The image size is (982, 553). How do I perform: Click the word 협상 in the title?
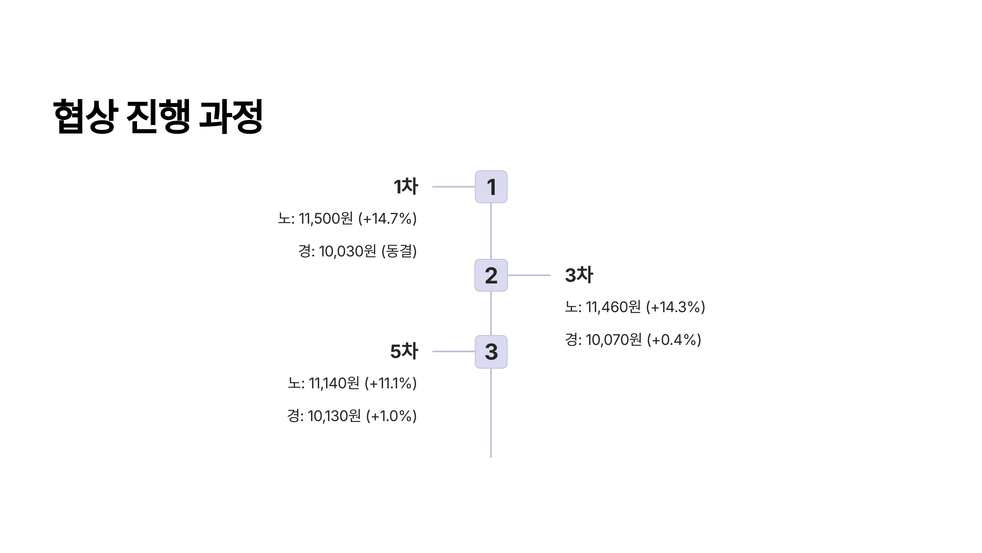click(x=86, y=116)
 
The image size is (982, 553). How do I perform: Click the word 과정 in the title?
click(x=230, y=116)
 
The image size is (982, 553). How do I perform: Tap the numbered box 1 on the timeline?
click(x=491, y=187)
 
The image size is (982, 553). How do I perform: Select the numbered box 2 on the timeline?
click(x=491, y=275)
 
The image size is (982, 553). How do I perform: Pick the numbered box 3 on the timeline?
click(x=491, y=352)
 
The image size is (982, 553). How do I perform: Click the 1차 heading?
click(x=405, y=187)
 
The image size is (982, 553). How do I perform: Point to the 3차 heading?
click(x=579, y=275)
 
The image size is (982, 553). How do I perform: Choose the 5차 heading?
click(x=404, y=351)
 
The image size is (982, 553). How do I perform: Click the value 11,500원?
click(x=326, y=219)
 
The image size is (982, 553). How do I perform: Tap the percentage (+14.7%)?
click(x=387, y=219)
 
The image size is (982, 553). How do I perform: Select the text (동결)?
click(x=399, y=252)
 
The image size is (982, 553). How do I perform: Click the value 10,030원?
click(x=347, y=252)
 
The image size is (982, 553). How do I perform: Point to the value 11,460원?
click(x=613, y=307)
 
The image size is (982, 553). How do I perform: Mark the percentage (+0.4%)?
click(x=674, y=340)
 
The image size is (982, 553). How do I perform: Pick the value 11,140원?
click(x=334, y=383)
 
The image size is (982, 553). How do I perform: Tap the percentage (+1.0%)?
click(x=391, y=416)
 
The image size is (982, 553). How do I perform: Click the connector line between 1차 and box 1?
click(x=453, y=187)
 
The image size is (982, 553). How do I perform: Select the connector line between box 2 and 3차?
click(x=529, y=275)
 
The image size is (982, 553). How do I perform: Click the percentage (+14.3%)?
click(x=676, y=307)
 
